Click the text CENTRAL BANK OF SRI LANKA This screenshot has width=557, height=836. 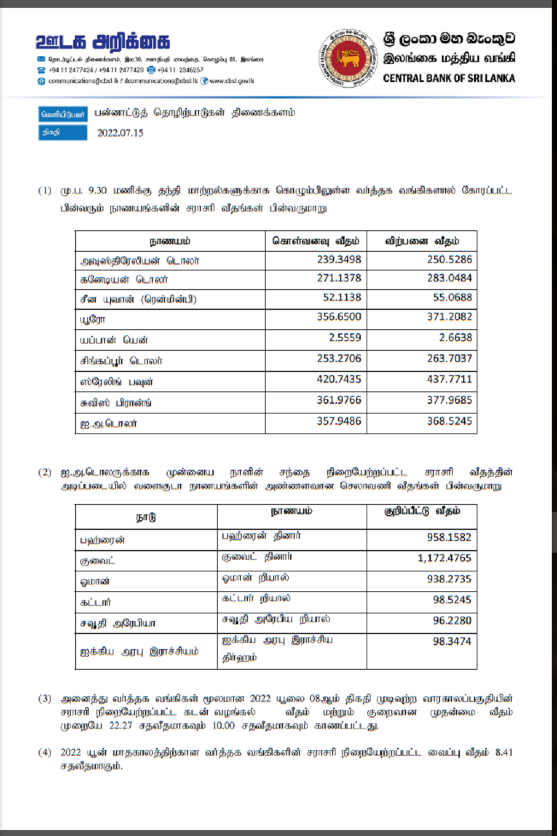tap(449, 78)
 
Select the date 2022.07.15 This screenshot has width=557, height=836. tap(120, 133)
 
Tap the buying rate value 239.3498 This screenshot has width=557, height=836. tap(339, 260)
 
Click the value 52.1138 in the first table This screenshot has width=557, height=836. tap(343, 298)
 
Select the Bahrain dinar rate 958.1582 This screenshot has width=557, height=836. tap(448, 536)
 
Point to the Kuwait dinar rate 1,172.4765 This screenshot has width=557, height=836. tap(444, 557)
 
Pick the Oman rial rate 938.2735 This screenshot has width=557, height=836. tap(448, 579)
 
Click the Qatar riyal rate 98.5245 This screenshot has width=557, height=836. tap(452, 600)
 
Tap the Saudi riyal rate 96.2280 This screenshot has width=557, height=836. tap(452, 621)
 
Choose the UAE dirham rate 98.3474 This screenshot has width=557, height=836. tap(452, 641)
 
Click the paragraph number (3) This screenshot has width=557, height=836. tap(44, 698)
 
